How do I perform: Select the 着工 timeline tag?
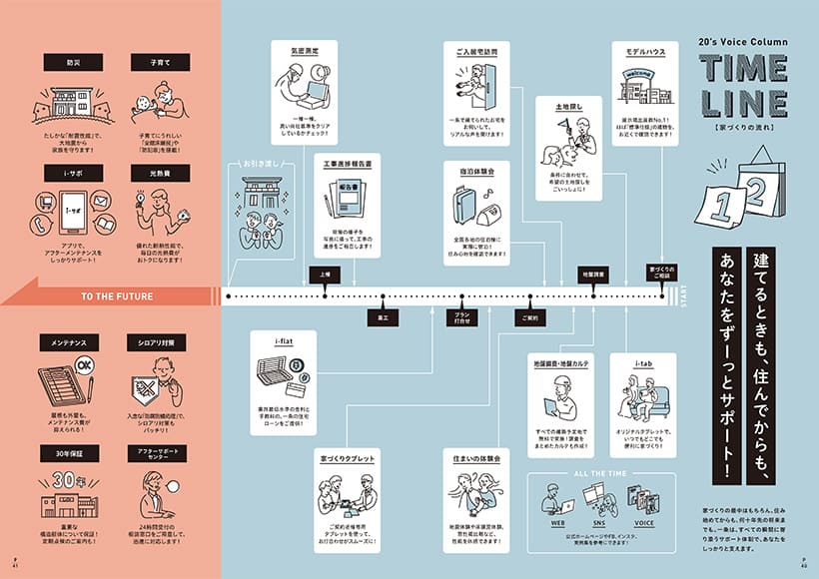point(383,318)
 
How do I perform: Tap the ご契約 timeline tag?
point(528,318)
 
